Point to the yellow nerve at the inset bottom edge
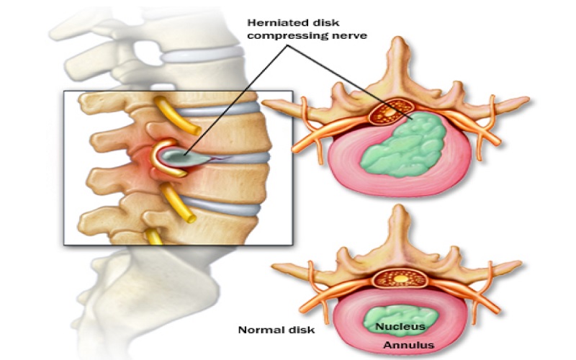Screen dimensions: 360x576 [x=153, y=235]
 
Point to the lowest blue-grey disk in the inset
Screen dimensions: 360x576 [x=223, y=204]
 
